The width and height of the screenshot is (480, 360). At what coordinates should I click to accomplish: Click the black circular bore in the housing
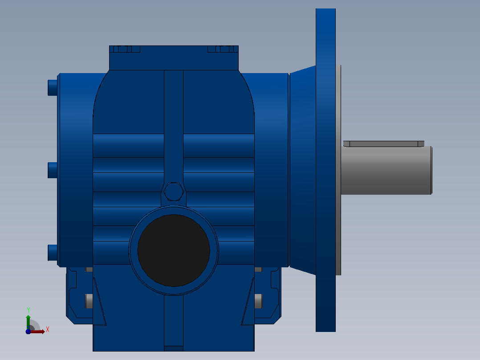(x=174, y=251)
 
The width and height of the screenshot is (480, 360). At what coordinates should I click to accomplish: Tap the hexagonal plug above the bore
(x=174, y=192)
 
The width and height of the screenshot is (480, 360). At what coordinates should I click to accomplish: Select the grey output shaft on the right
(x=386, y=170)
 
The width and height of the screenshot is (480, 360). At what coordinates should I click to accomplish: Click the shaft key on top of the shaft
(x=383, y=144)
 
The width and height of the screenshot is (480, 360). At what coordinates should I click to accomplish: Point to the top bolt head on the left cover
(x=53, y=88)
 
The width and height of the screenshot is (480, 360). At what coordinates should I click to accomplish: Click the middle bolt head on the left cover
(x=53, y=170)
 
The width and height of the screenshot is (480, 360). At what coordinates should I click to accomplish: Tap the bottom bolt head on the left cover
(x=53, y=253)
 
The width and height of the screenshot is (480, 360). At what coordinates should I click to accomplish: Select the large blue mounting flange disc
(x=326, y=170)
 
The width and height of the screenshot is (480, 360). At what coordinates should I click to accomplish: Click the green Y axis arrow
(x=28, y=322)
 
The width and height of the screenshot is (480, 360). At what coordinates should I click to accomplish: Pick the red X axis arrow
(x=37, y=331)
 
